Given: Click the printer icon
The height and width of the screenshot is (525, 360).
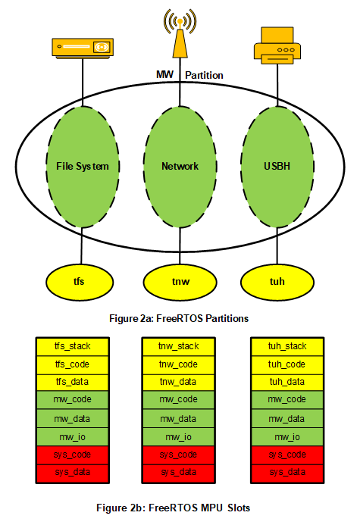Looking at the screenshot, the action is coord(277,45).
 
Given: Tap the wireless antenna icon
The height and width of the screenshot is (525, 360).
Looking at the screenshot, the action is coord(180,33).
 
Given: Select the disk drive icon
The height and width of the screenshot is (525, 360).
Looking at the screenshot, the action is coord(83,48).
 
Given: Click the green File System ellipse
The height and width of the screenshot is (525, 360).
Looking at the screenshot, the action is coord(83,167).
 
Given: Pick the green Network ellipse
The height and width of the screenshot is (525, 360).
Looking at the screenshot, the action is coord(180,167).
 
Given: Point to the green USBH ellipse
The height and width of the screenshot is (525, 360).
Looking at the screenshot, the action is coord(277,167).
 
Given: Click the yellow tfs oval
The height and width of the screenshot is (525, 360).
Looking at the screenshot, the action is coord(80,282).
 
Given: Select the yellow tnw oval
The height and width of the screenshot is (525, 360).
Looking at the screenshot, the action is coord(180,282).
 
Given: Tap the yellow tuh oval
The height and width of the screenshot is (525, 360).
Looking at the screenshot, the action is coord(277,282).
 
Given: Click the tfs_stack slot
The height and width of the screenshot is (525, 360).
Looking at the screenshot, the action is coord(73,346).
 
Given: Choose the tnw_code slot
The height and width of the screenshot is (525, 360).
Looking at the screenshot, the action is coord(179,364).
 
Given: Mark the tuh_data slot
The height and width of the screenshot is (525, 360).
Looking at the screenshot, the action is coord(287,382).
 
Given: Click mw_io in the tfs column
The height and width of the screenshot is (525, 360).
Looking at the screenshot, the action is coord(73,436).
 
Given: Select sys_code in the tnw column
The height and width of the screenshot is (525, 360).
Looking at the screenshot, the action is coord(179,455).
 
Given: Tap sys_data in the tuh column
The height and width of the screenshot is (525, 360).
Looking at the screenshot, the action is coord(287,473).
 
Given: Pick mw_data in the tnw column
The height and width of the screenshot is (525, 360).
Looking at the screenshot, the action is coord(179,418).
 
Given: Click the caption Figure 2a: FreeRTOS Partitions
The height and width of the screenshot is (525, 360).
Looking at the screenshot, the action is coord(179,318).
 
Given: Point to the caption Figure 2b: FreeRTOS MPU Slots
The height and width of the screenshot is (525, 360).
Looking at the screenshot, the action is coord(173,508).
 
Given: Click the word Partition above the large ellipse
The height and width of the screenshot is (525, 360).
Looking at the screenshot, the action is coord(205,75).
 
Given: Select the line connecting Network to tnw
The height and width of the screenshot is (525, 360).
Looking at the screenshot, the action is coord(180,246).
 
